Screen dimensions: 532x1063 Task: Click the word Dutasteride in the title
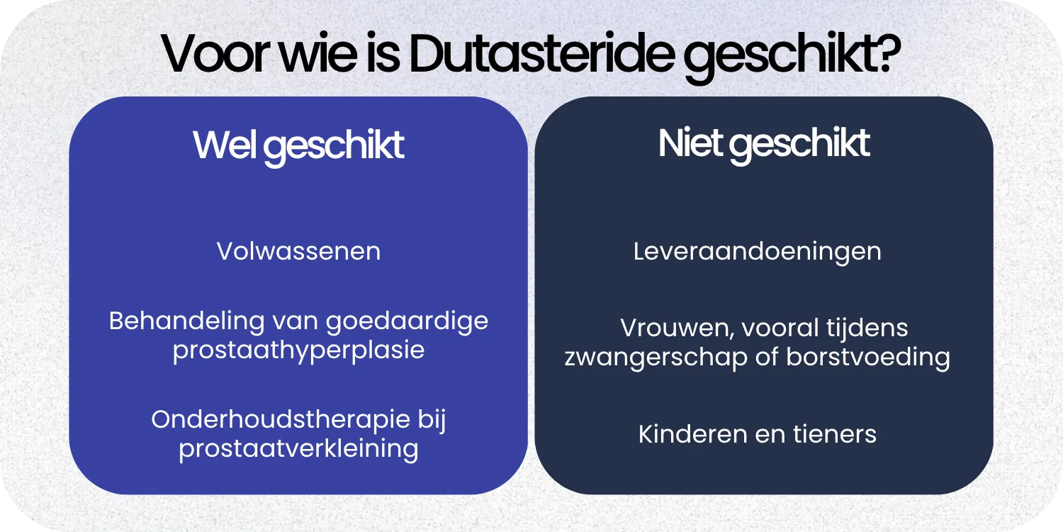point(539,55)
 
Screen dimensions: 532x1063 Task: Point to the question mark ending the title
point(887,55)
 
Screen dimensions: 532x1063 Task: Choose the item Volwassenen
point(298,252)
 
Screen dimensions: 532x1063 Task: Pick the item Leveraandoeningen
point(758,252)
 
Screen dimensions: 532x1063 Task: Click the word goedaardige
point(407,321)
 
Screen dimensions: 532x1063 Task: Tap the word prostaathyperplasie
point(298,350)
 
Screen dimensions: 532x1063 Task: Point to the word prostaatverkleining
point(298,448)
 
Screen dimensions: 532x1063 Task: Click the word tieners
point(839,434)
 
